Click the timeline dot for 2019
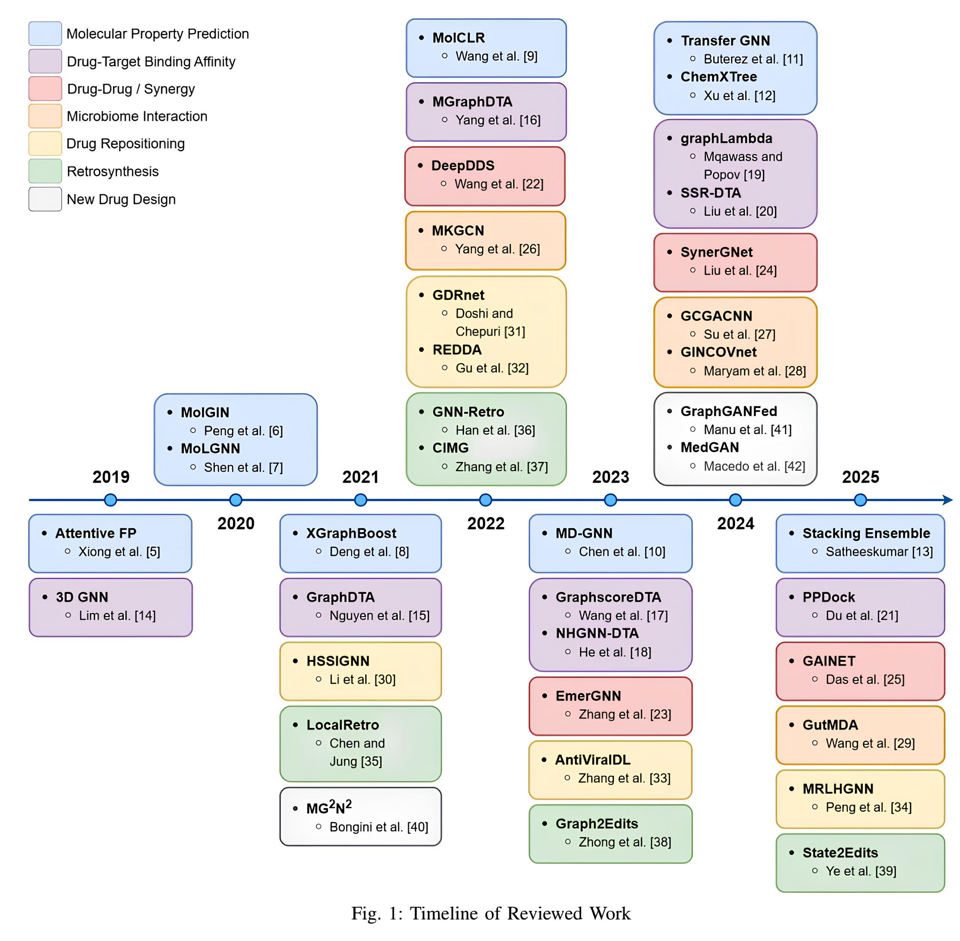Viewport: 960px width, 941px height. pos(111,500)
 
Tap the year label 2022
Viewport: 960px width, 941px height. pos(486,523)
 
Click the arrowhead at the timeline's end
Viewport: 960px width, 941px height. pos(947,500)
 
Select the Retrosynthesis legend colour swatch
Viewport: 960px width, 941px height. pos(45,171)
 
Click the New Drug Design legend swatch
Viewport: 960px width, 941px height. pos(45,199)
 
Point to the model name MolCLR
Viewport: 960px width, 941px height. pos(458,38)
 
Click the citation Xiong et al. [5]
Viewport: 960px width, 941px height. pos(119,551)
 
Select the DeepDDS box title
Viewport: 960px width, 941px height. pos(463,166)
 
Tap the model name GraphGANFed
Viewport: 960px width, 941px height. pos(729,411)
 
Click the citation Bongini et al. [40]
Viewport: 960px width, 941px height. pos(379,827)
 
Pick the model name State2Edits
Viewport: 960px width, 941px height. pos(840,853)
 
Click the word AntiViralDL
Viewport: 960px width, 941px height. pos(593,760)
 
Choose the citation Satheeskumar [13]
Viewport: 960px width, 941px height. pos(879,551)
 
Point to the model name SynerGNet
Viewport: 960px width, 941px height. pos(716,252)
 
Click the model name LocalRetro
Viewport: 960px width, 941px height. pos(343,725)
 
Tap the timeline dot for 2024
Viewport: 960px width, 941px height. pos(736,500)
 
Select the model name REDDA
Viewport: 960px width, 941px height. pos(457,350)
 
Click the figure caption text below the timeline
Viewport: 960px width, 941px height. pos(491,913)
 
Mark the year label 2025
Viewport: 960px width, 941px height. pos(861,477)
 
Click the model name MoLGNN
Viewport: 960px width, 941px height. pos(210,448)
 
